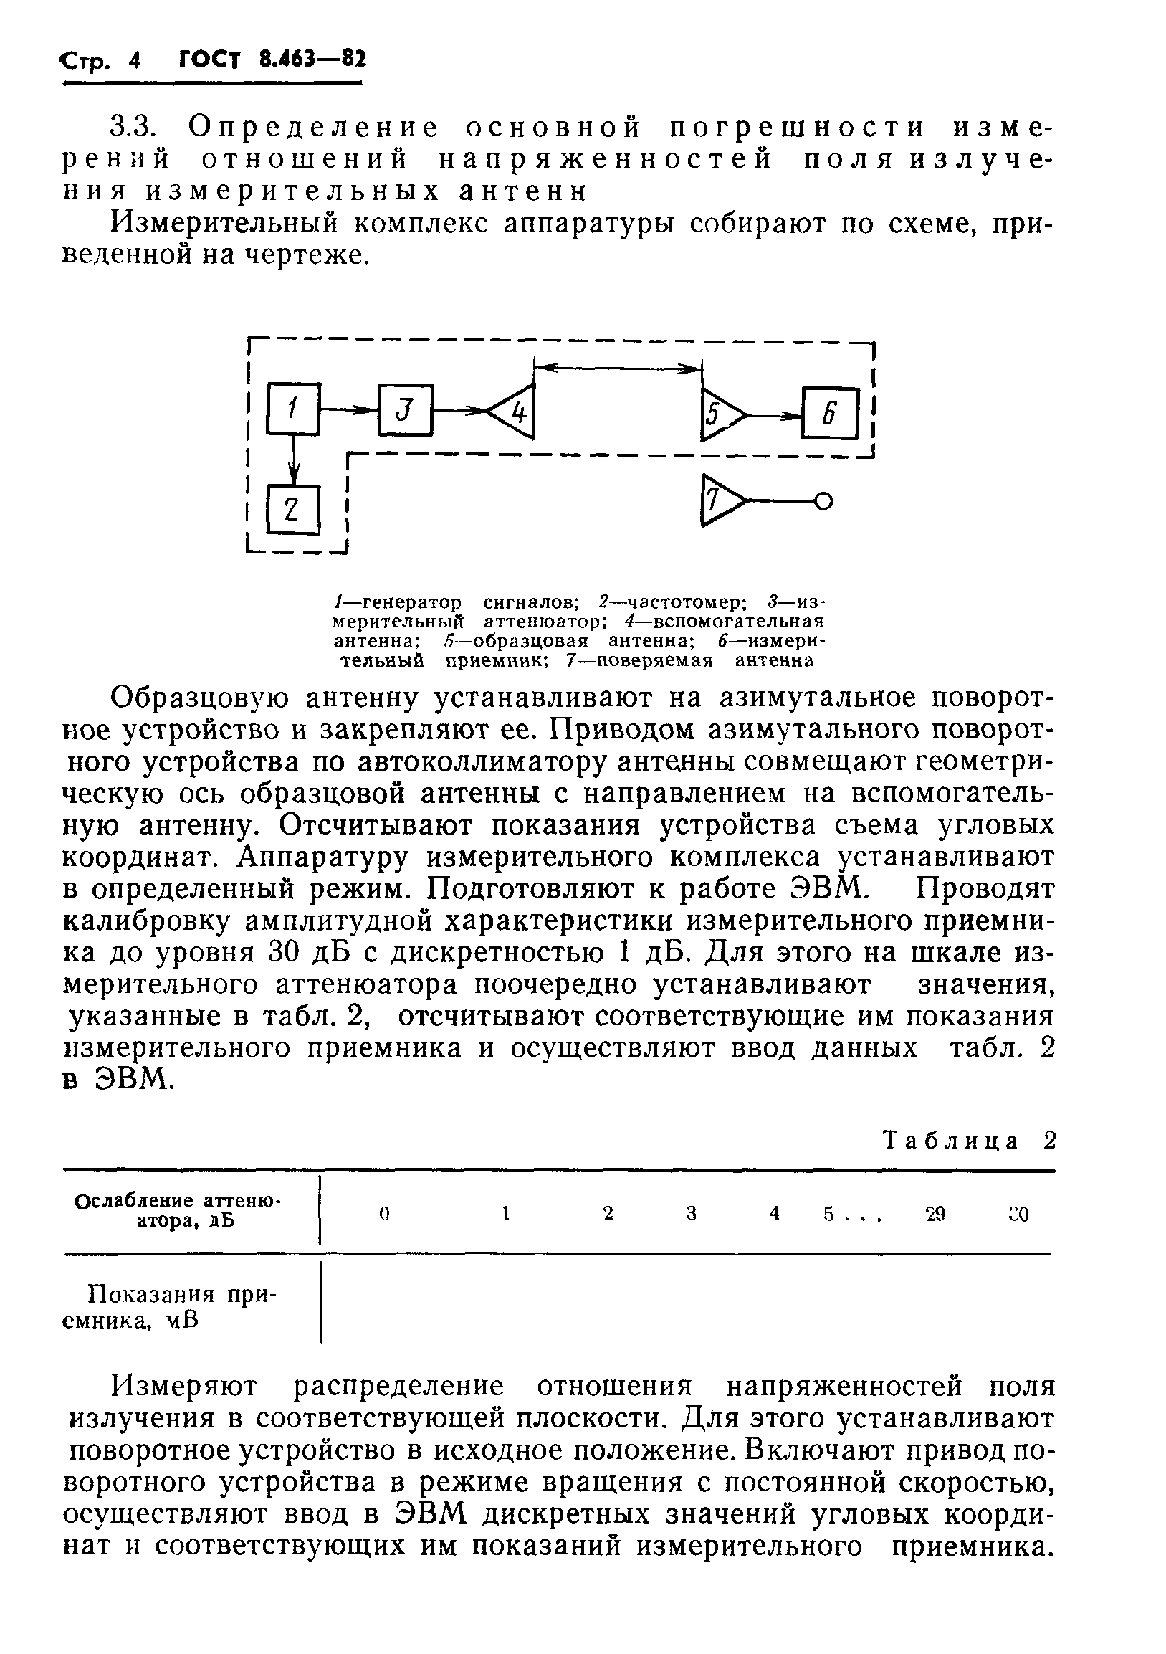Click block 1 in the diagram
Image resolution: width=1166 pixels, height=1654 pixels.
[x=293, y=409]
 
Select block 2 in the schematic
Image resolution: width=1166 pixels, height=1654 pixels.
[x=293, y=508]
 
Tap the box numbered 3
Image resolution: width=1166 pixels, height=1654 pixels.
[x=406, y=411]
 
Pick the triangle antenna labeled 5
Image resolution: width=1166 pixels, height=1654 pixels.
[x=720, y=415]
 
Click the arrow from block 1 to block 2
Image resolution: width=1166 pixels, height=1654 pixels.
[x=293, y=460]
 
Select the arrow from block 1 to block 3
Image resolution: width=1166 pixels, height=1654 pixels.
[x=348, y=410]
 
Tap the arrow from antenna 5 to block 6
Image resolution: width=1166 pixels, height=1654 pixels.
[x=775, y=415]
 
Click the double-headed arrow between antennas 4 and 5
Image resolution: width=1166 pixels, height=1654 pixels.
[x=618, y=368]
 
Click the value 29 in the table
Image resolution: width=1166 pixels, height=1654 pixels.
[x=935, y=1214]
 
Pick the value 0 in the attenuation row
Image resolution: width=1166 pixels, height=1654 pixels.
[x=384, y=1214]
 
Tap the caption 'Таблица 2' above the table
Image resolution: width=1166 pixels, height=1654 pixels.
[x=969, y=1141]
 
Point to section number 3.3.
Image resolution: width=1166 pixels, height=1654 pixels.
[x=133, y=128]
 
